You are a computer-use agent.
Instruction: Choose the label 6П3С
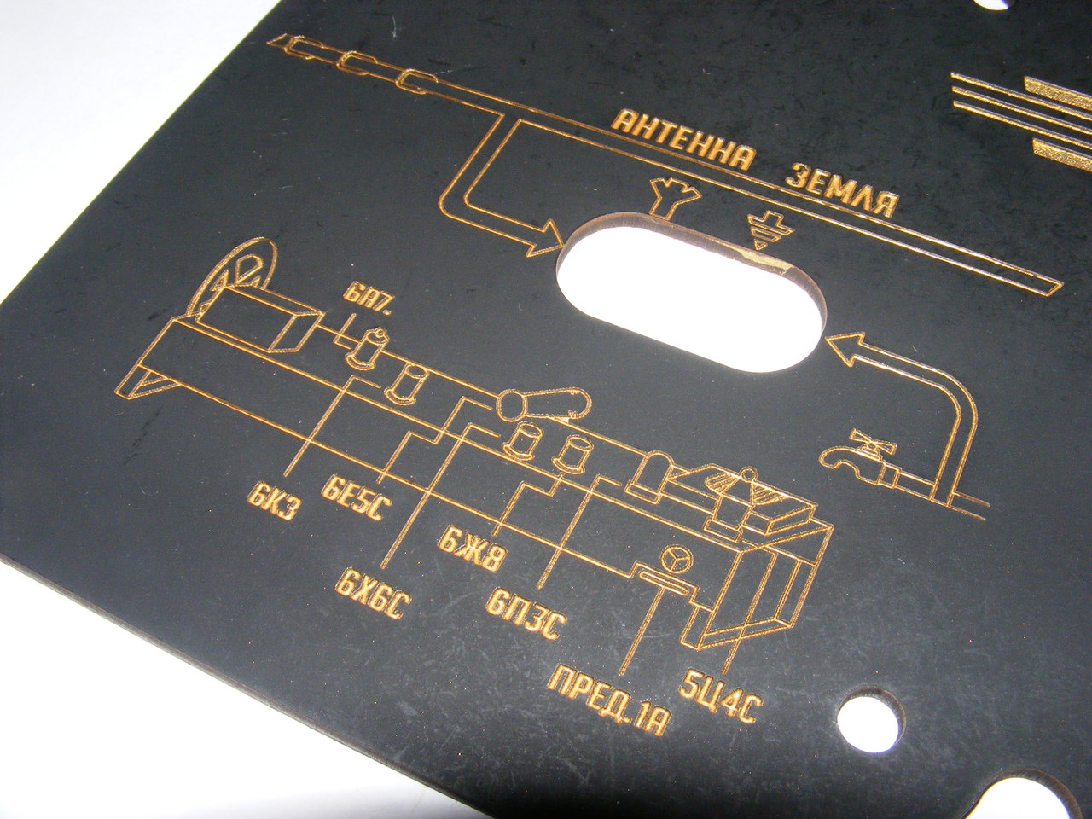coord(526,616)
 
